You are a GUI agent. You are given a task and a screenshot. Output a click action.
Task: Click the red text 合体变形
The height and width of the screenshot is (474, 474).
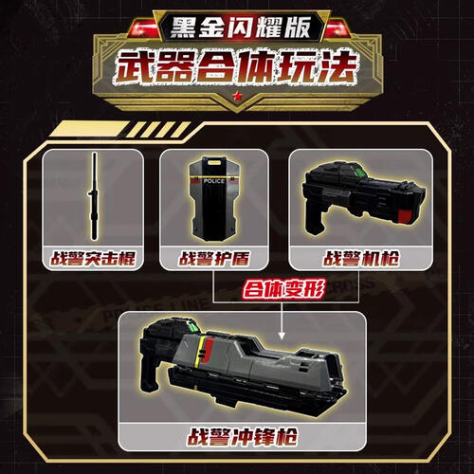point(283,289)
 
